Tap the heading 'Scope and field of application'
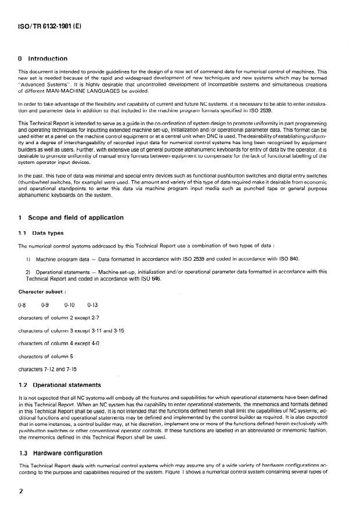pyautogui.click(x=74, y=217)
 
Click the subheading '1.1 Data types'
pyautogui.click(x=41, y=232)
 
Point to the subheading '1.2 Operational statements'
pyautogui.click(x=61, y=385)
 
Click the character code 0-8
pyautogui.click(x=24, y=303)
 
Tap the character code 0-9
pyautogui.click(x=46, y=303)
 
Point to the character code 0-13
pyautogui.click(x=93, y=303)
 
